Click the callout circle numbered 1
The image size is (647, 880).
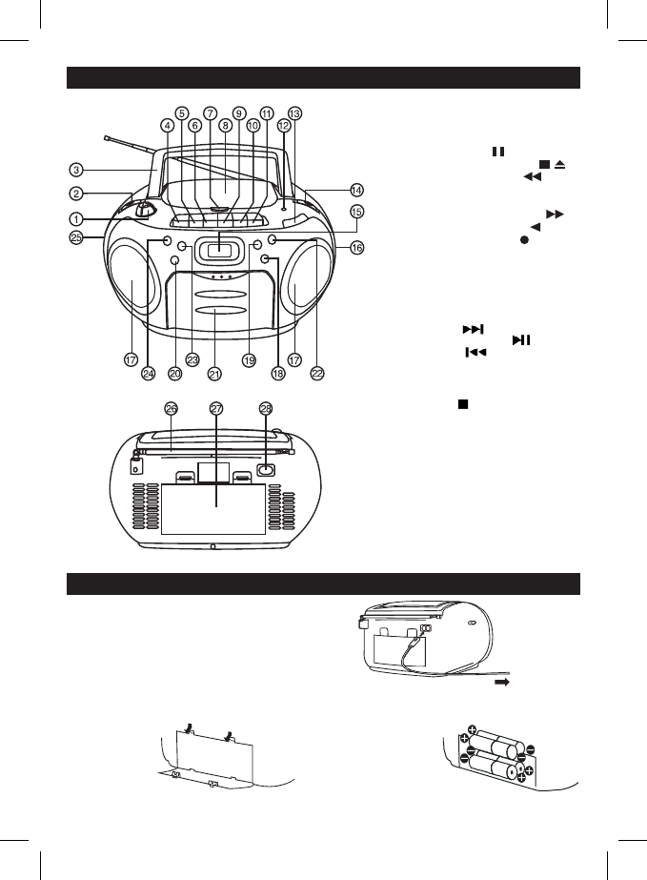click(x=76, y=218)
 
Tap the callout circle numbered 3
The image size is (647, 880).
click(x=76, y=170)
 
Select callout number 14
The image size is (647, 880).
click(x=356, y=191)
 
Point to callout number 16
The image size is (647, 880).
click(x=356, y=247)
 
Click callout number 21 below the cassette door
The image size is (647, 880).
click(x=214, y=374)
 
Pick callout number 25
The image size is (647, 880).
click(x=76, y=238)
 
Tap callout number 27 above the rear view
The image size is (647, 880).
click(x=216, y=409)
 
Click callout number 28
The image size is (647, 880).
click(x=266, y=409)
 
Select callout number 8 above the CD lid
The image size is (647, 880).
click(x=225, y=126)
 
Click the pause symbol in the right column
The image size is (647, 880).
click(x=498, y=152)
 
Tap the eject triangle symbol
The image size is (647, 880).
click(x=559, y=164)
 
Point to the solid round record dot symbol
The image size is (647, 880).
click(x=524, y=240)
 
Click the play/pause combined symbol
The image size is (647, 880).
click(x=521, y=340)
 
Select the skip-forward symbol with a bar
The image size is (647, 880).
click(x=473, y=330)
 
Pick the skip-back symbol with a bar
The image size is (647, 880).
click(x=475, y=353)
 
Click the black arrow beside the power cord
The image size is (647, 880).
click(x=501, y=683)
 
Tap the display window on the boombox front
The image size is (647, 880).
click(x=219, y=251)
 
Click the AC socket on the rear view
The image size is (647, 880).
click(x=266, y=469)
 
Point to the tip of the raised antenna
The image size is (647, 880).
click(x=107, y=137)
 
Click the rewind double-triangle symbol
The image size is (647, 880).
click(x=533, y=176)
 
